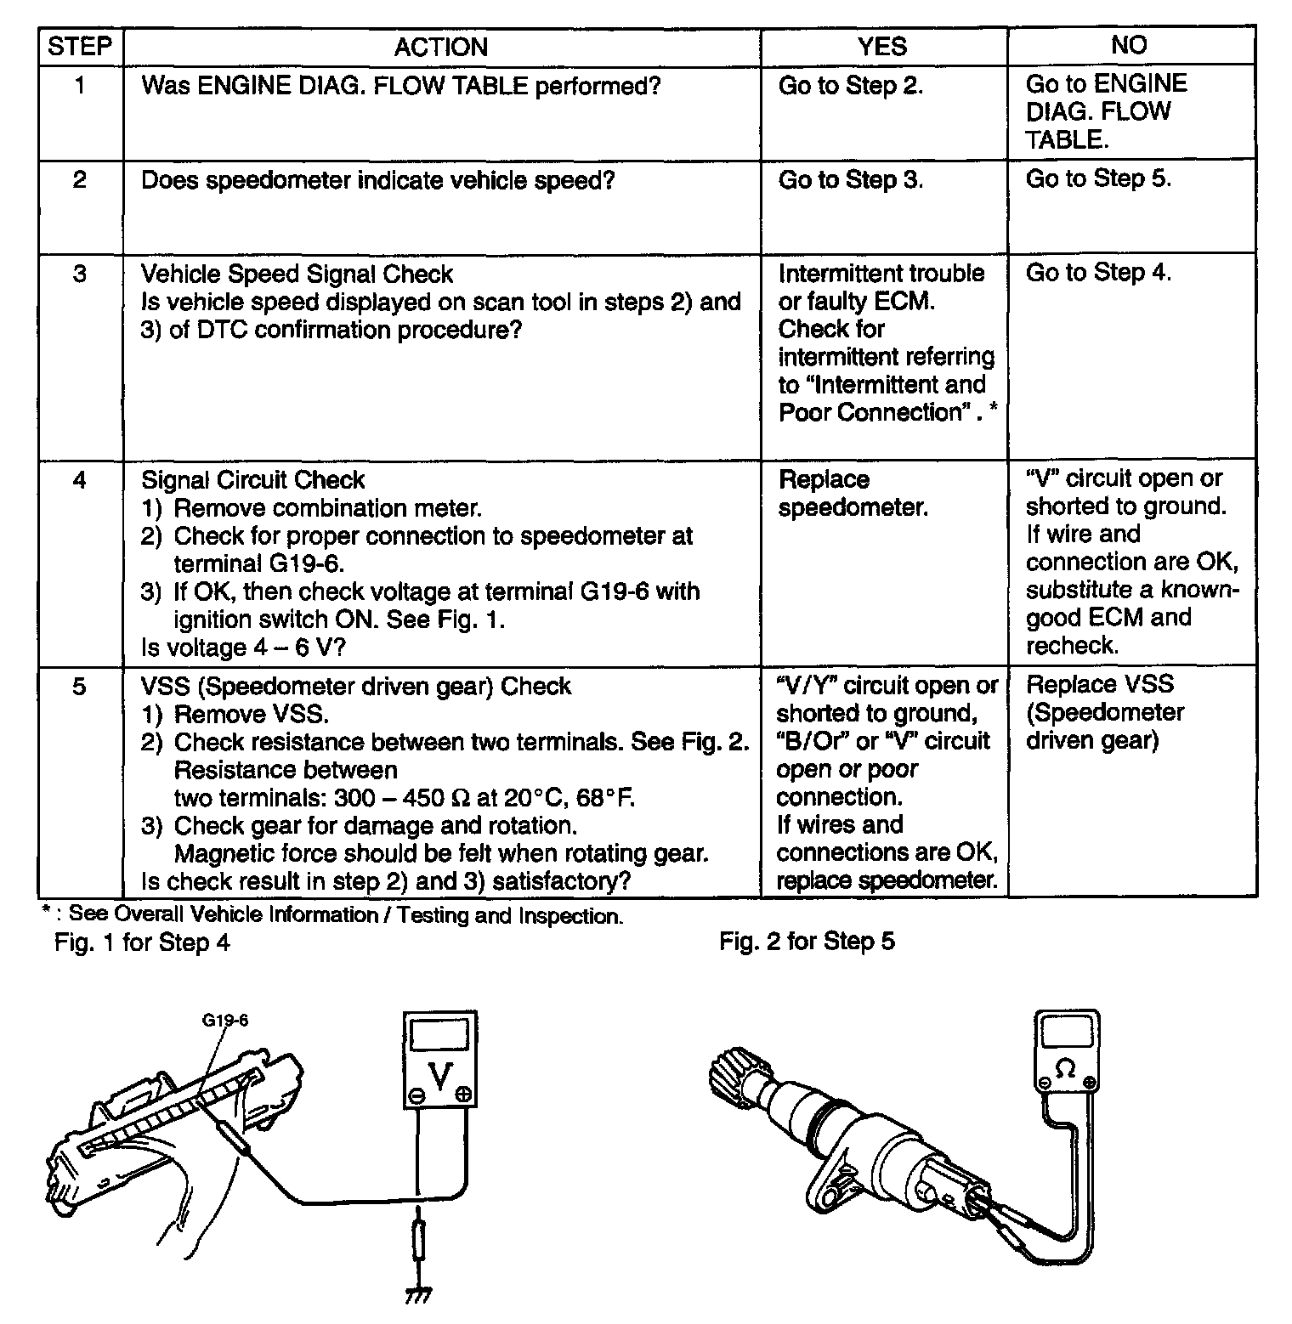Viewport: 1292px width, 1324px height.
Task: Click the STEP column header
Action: click(80, 47)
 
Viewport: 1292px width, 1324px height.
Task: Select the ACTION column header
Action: click(440, 47)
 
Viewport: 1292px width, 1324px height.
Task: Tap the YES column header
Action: click(882, 47)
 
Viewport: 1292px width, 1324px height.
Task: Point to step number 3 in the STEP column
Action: click(79, 274)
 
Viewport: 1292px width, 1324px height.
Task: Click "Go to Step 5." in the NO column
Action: click(1098, 178)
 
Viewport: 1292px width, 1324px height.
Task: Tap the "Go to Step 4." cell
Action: click(1098, 272)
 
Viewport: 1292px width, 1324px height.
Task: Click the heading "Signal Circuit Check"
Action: click(252, 479)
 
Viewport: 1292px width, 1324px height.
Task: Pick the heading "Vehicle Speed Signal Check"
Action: click(297, 274)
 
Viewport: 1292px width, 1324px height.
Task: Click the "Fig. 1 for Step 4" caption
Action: click(142, 942)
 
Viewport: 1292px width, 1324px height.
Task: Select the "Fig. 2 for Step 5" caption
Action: click(807, 942)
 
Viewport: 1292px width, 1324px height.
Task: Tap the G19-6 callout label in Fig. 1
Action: click(224, 1020)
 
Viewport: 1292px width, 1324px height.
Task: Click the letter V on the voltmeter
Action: click(440, 1077)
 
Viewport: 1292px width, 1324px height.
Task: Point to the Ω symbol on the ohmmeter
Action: click(1065, 1068)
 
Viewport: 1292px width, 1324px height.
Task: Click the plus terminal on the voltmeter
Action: click(463, 1095)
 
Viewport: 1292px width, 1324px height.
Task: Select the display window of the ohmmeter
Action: click(1066, 1033)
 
